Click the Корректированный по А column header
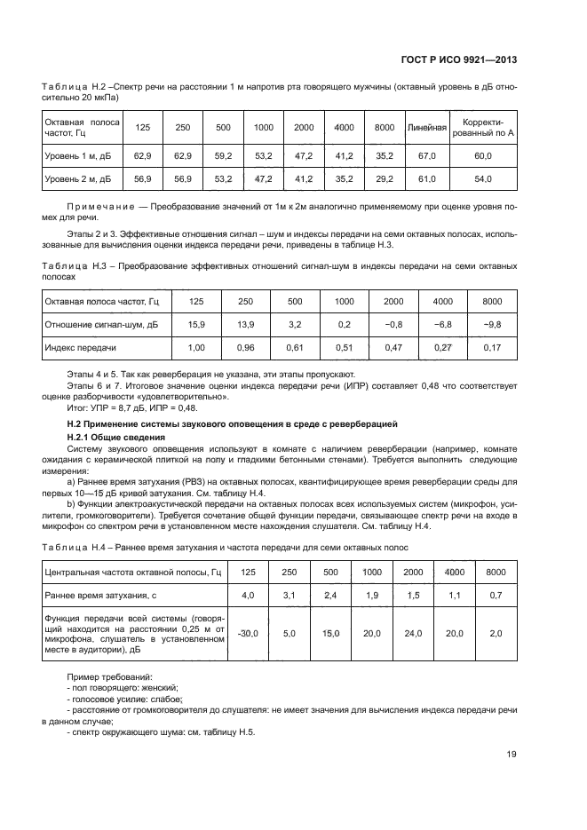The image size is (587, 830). [482, 128]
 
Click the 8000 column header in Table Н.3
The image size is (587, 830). [491, 302]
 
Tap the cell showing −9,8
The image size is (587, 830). [491, 324]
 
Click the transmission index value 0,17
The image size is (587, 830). [491, 347]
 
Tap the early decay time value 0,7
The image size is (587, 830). [496, 595]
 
